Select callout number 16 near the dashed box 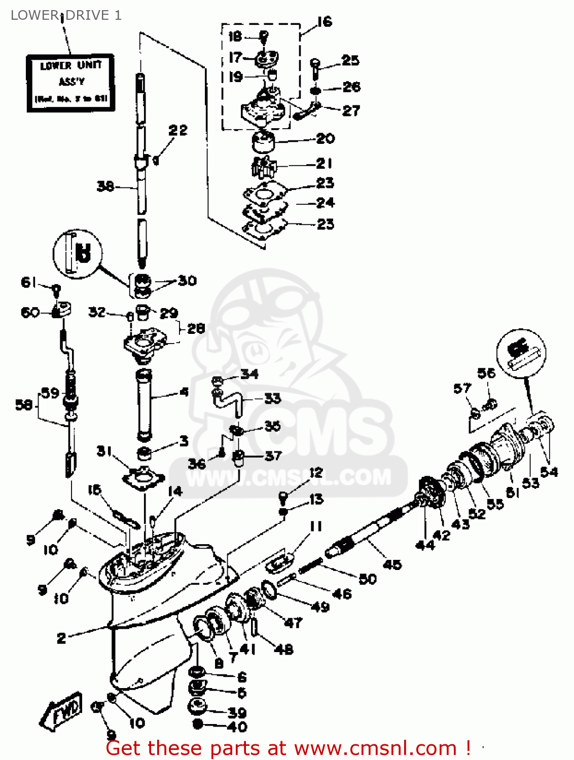point(324,22)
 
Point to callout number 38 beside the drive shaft point(105,186)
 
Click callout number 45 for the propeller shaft point(392,564)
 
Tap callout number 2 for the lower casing point(61,637)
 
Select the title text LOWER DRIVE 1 point(66,15)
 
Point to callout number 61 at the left point(29,282)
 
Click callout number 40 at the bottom point(237,727)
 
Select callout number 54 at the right point(549,472)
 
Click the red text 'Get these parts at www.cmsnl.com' point(289,748)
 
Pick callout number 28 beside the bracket point(196,328)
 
